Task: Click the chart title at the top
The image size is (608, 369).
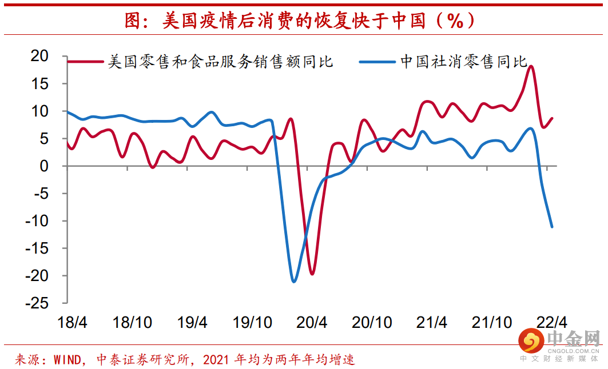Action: [299, 20]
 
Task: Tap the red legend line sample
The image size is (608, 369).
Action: [85, 62]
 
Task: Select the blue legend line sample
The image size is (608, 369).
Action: [377, 62]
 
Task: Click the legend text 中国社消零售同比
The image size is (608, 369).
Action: [464, 62]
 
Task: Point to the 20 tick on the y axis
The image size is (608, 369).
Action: [39, 56]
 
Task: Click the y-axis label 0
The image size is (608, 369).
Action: [44, 166]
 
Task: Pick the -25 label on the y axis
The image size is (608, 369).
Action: [37, 303]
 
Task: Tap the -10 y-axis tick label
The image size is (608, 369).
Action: [37, 221]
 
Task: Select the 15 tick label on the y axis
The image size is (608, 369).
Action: [39, 83]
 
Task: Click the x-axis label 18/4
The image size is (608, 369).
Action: [72, 322]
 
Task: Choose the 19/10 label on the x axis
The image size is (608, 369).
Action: [252, 322]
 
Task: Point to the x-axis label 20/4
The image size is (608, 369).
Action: [312, 322]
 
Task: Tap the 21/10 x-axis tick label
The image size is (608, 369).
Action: [492, 322]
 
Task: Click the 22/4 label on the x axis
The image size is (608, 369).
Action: [551, 322]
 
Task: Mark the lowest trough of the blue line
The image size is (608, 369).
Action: [293, 282]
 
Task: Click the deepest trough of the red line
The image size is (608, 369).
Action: [312, 274]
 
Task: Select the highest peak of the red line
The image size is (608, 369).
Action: [531, 66]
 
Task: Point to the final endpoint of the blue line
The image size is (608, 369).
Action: [552, 227]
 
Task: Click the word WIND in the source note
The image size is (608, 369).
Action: [67, 360]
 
